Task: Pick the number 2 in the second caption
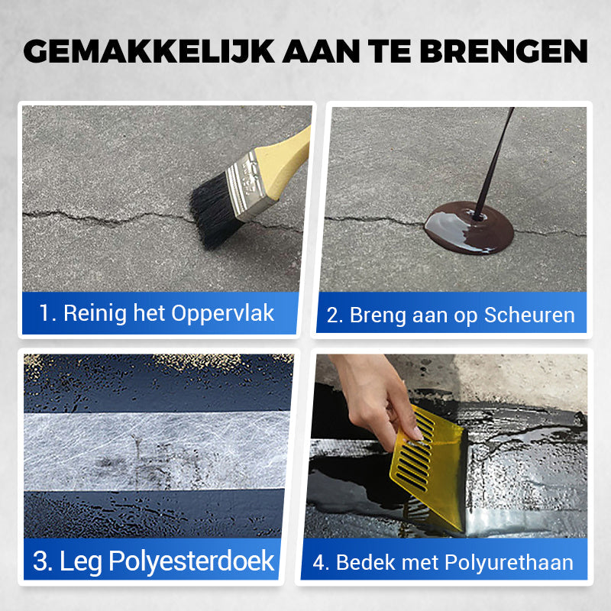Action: click(x=333, y=315)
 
